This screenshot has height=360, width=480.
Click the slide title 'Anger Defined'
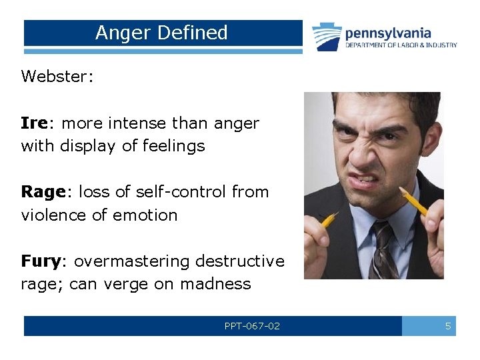coord(161,33)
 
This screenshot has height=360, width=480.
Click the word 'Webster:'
coord(57,76)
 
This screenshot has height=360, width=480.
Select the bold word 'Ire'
coord(33,123)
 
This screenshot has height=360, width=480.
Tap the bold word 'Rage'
coord(43,192)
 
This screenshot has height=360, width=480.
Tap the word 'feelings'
coord(171,146)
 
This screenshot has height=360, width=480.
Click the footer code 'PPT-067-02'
coord(252,326)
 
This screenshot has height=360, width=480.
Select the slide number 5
coord(448,326)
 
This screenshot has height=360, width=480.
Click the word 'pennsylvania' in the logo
coord(388,33)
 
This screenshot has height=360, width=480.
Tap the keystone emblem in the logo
coord(327,37)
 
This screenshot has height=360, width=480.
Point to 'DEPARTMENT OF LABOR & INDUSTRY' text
coord(401,45)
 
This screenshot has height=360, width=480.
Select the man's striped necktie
coord(384,250)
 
